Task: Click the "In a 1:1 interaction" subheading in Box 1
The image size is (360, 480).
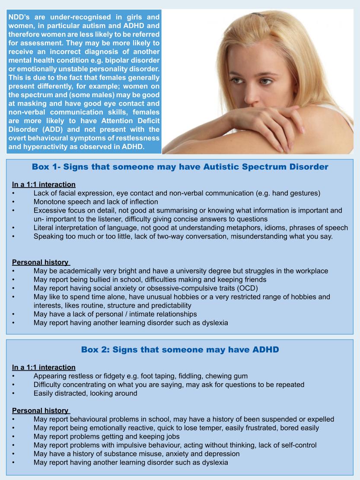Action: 44,184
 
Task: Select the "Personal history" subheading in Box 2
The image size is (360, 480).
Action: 40,410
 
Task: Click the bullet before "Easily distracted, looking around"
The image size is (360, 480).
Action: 14,393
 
